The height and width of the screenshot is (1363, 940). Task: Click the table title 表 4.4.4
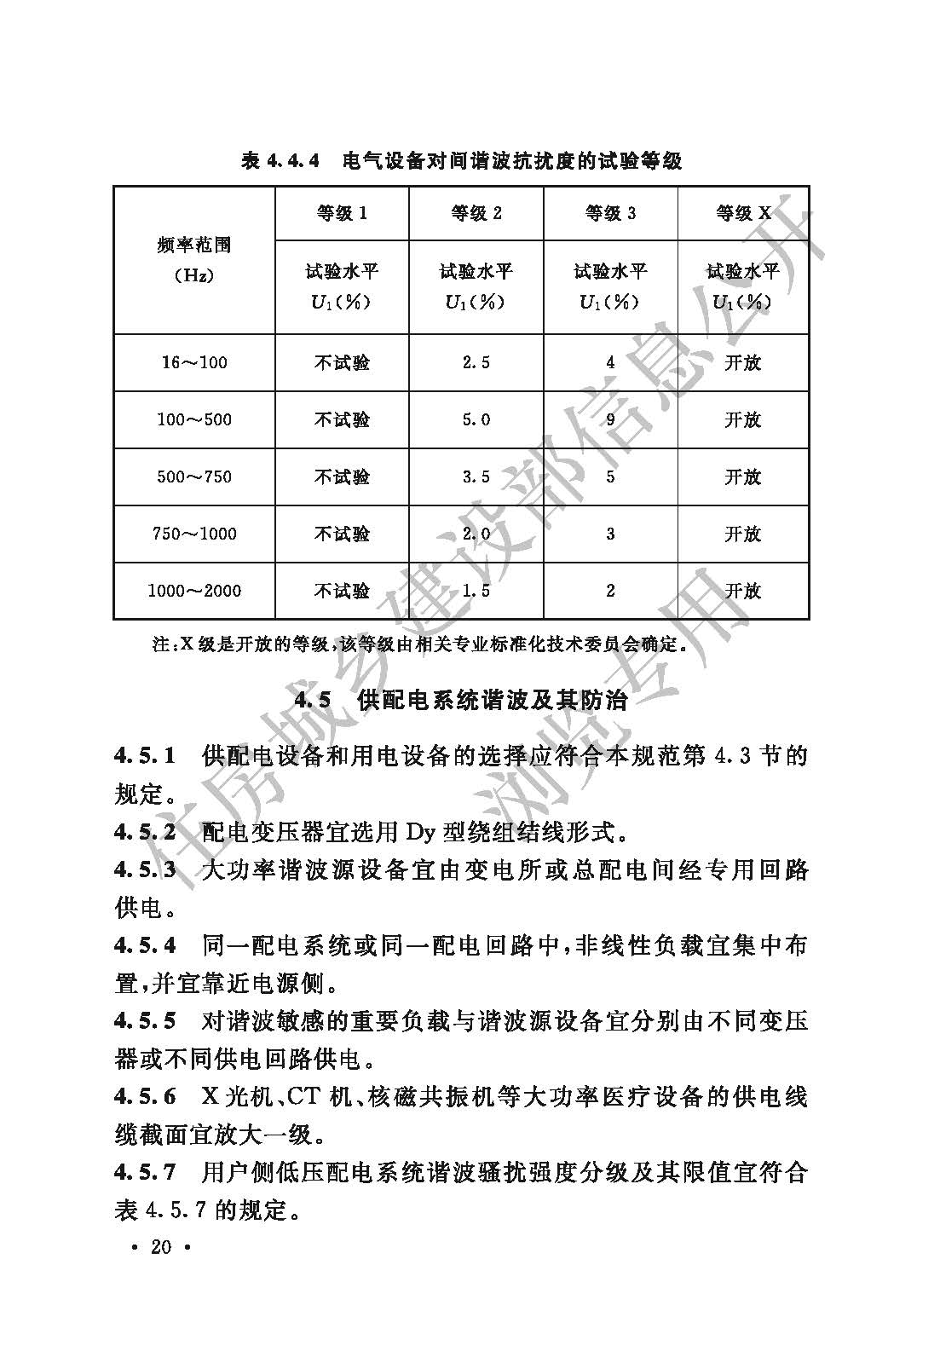pos(280,160)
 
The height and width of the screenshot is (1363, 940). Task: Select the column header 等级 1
pos(342,213)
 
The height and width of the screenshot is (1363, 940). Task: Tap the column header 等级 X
pos(743,213)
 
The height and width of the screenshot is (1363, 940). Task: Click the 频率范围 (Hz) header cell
pos(194,260)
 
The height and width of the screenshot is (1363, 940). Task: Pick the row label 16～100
pos(194,363)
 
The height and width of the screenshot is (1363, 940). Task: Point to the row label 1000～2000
pos(194,591)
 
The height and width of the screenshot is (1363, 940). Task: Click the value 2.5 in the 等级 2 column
pos(476,363)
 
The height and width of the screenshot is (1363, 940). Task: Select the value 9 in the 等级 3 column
pos(610,420)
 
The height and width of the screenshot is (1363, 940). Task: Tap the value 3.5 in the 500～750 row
pos(476,477)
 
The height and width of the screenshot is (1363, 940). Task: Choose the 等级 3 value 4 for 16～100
pos(610,363)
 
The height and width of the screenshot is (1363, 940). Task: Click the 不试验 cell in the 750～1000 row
pos(342,534)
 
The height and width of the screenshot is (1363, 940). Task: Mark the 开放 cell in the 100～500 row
pos(743,420)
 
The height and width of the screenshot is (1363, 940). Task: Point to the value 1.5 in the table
pos(476,591)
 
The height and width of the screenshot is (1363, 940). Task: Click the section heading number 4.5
pos(312,701)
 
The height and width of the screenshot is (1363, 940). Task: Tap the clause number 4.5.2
pos(146,832)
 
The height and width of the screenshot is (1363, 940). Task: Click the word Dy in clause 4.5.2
pos(420,832)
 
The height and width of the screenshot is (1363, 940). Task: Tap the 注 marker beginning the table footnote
pos(162,645)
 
